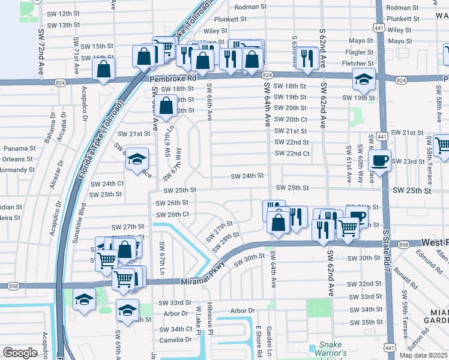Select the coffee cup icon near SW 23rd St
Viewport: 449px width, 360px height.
(380, 160)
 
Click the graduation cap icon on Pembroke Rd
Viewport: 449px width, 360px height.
(363, 79)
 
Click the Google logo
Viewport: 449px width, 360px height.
(20, 352)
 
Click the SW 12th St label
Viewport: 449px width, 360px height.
(63, 13)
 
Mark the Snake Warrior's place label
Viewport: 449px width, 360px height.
(330, 348)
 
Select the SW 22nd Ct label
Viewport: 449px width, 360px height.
(292, 154)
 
